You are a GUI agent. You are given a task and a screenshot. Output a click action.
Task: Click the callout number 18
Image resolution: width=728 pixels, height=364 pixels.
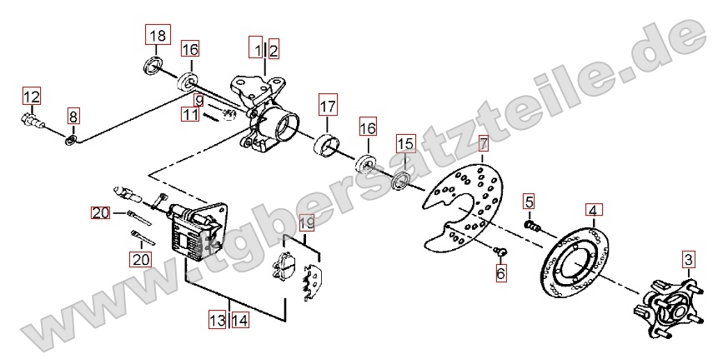(158, 35)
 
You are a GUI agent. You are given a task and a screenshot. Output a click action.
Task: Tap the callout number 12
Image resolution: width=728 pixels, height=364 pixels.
(32, 97)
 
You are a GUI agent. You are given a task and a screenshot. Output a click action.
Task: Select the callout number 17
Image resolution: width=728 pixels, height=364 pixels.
(328, 107)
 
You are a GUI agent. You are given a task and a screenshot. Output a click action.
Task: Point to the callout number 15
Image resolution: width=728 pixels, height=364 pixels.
(406, 143)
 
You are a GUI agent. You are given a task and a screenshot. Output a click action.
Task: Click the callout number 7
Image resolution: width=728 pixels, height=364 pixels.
(484, 143)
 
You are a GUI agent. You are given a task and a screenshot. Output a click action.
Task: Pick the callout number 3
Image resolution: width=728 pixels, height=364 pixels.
(688, 259)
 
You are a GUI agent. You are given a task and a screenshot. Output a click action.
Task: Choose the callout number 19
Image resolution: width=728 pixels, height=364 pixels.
(306, 223)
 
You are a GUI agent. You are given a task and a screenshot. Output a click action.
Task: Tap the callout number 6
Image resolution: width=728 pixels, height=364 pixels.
(500, 273)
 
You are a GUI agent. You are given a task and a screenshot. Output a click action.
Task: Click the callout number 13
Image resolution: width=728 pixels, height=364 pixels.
(218, 320)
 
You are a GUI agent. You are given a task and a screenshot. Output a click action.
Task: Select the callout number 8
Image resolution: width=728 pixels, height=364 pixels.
(73, 116)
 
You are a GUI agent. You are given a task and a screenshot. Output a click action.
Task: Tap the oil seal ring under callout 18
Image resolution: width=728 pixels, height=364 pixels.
(153, 65)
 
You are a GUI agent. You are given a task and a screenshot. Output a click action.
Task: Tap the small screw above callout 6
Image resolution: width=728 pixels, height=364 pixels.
(501, 252)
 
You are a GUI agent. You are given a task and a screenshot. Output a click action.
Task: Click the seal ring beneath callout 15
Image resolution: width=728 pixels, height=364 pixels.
(401, 181)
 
